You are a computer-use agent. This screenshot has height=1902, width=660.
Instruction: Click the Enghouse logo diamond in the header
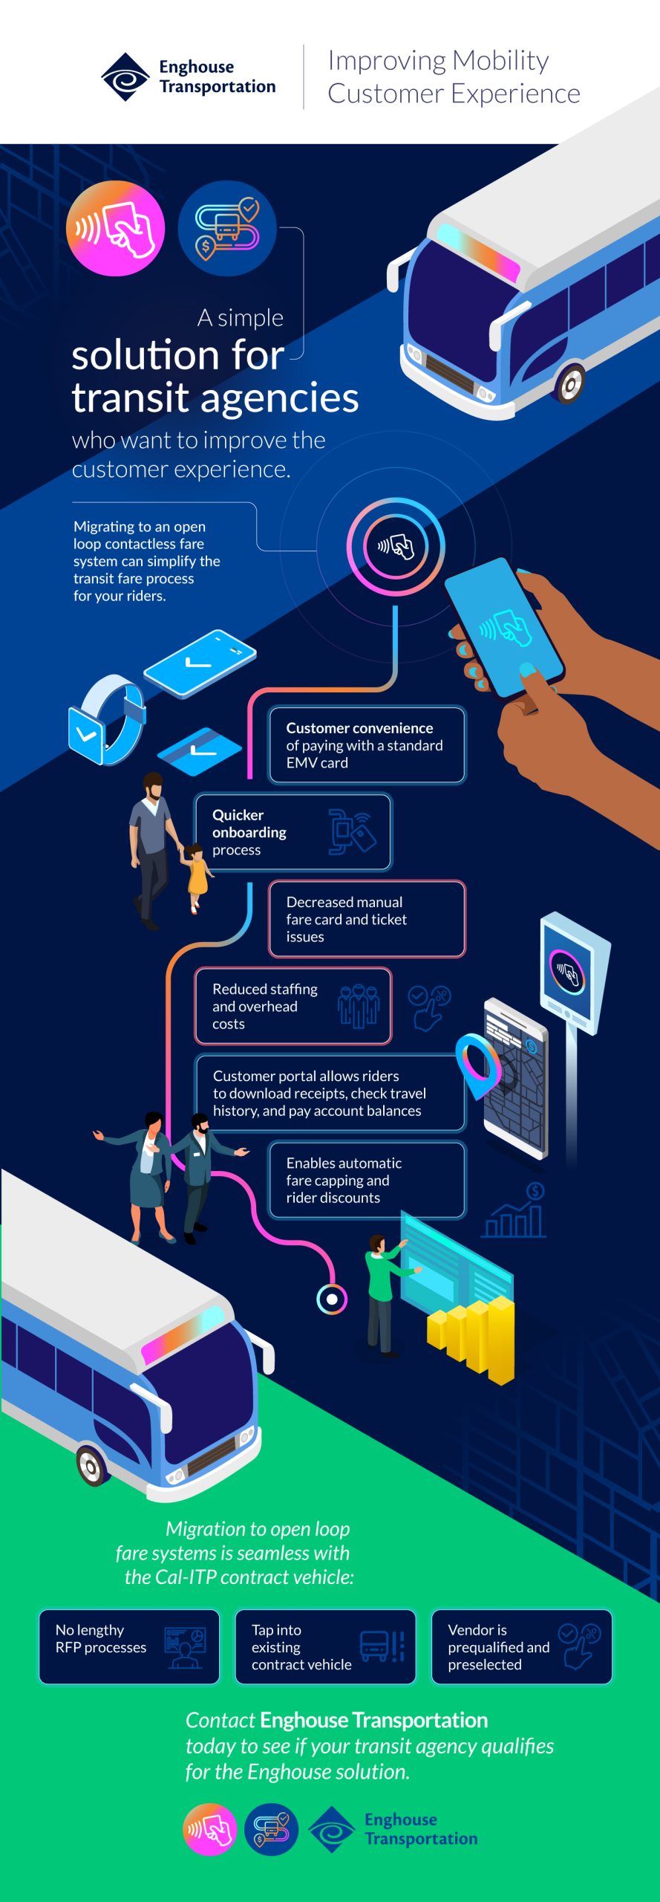pos(125,77)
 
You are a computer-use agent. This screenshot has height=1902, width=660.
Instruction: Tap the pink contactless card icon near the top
pos(115,228)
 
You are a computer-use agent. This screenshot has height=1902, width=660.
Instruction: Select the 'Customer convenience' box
pos(367,744)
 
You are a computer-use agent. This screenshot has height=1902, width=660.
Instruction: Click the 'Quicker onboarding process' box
pos(293,831)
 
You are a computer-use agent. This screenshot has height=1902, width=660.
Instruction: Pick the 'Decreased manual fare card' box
pos(367,918)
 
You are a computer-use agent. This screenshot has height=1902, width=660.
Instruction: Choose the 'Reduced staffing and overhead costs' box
pos(293,1006)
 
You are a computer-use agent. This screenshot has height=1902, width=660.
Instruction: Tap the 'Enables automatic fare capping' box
pos(367,1180)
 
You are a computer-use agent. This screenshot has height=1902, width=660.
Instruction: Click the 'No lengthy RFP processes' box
pos(129,1646)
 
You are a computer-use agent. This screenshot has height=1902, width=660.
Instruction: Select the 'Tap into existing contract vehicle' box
pos(325,1646)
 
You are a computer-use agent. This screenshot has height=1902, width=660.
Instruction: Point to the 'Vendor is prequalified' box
pos(521,1646)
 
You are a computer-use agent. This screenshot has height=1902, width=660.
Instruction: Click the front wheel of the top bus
pos(570,383)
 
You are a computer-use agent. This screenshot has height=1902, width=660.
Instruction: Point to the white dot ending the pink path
pos(332,1299)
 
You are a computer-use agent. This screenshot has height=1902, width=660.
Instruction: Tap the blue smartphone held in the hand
pos(504,628)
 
